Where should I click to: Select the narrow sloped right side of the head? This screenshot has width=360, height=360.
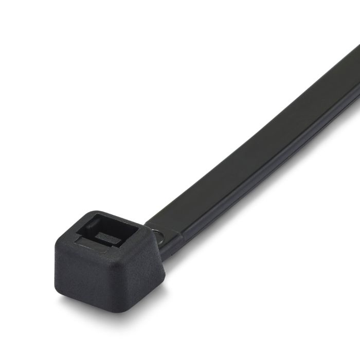pos(157,262)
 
